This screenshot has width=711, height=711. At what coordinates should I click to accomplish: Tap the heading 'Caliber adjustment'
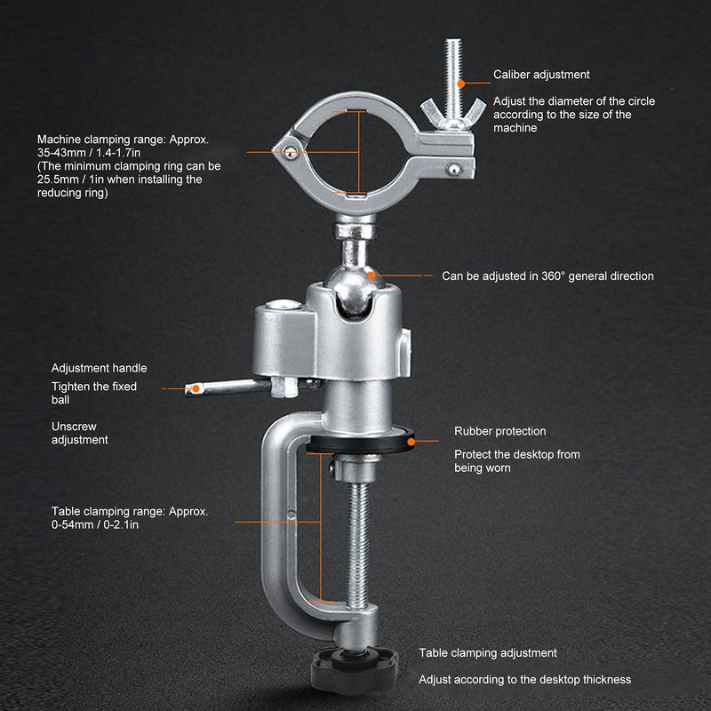[x=541, y=75]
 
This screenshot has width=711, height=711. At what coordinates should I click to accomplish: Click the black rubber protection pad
[x=362, y=442]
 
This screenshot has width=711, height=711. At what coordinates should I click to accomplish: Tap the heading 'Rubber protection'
[x=499, y=431]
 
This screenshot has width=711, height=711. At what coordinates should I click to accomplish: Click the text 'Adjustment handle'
[x=99, y=368]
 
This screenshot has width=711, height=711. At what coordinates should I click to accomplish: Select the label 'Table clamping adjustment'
[x=488, y=652]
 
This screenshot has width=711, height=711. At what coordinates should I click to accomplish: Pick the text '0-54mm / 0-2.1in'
[x=93, y=524]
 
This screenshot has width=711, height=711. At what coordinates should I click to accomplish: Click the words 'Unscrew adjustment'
[x=80, y=433]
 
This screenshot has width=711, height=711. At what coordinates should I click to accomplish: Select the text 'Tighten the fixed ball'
[x=93, y=393]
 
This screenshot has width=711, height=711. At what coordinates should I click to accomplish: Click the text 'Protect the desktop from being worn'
[x=516, y=461]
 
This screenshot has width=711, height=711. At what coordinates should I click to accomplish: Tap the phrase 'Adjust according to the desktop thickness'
[x=524, y=679]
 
